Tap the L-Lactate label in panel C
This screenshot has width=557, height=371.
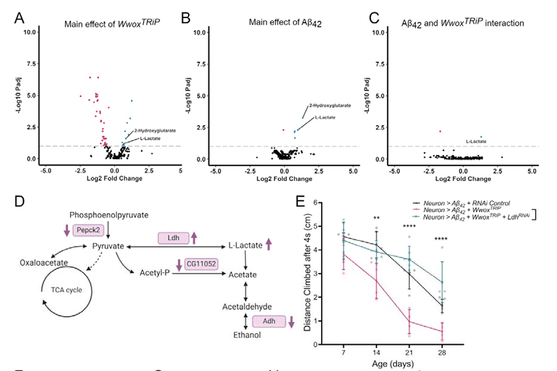(476, 142)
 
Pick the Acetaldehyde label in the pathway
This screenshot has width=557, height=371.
(252, 307)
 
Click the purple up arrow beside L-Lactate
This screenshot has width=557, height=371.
(269, 244)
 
